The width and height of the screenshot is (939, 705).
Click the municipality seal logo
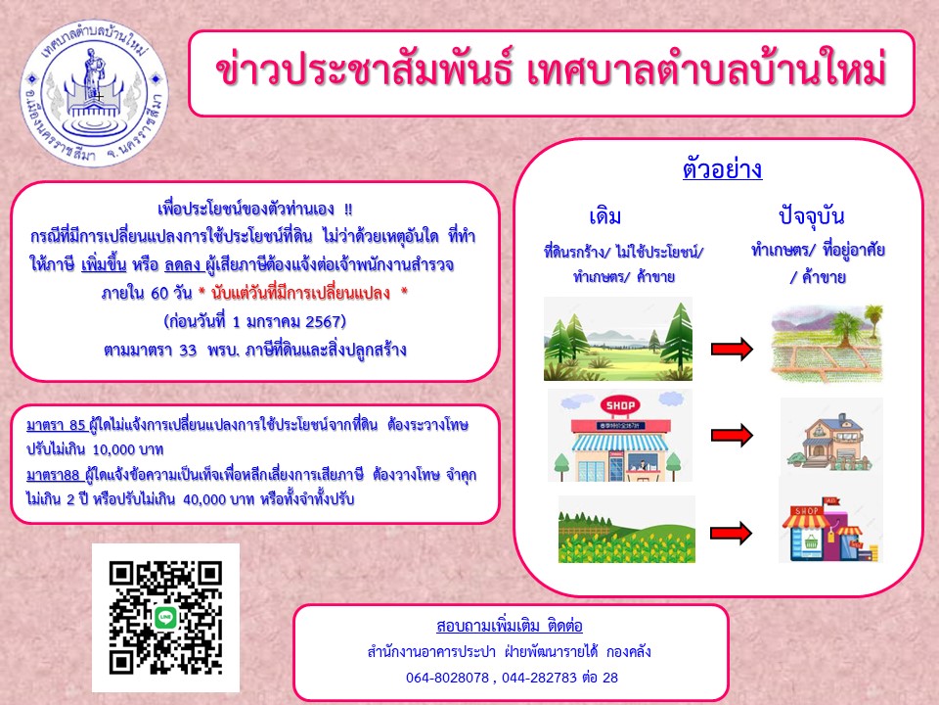pos(95,94)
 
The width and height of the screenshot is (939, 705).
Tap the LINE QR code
pos(165,618)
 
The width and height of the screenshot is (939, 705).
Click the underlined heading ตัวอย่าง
pos(722,168)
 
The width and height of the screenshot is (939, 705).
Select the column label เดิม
pos(604,215)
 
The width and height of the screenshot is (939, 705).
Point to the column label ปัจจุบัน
pos(812,215)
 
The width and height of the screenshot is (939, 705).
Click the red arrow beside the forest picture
pos(732,349)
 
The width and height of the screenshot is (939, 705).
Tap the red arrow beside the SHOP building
pos(732,435)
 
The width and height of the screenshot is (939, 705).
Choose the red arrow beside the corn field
pos(732,533)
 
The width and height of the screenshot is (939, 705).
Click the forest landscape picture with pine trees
pos(618,339)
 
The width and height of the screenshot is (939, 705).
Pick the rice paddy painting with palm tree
pos(827,344)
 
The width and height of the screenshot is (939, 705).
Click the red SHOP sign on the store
pos(620,405)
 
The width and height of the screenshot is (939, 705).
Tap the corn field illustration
pos(627,530)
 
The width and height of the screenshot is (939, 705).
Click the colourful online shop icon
pos(830,531)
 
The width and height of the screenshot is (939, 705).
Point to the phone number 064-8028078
pos(447,678)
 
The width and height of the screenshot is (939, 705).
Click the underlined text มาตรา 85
pos(57,425)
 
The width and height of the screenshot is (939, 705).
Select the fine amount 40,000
pos(208,498)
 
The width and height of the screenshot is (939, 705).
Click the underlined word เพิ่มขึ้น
pos(104,264)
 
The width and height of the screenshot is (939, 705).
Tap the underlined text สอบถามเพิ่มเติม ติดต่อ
pos(510,626)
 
